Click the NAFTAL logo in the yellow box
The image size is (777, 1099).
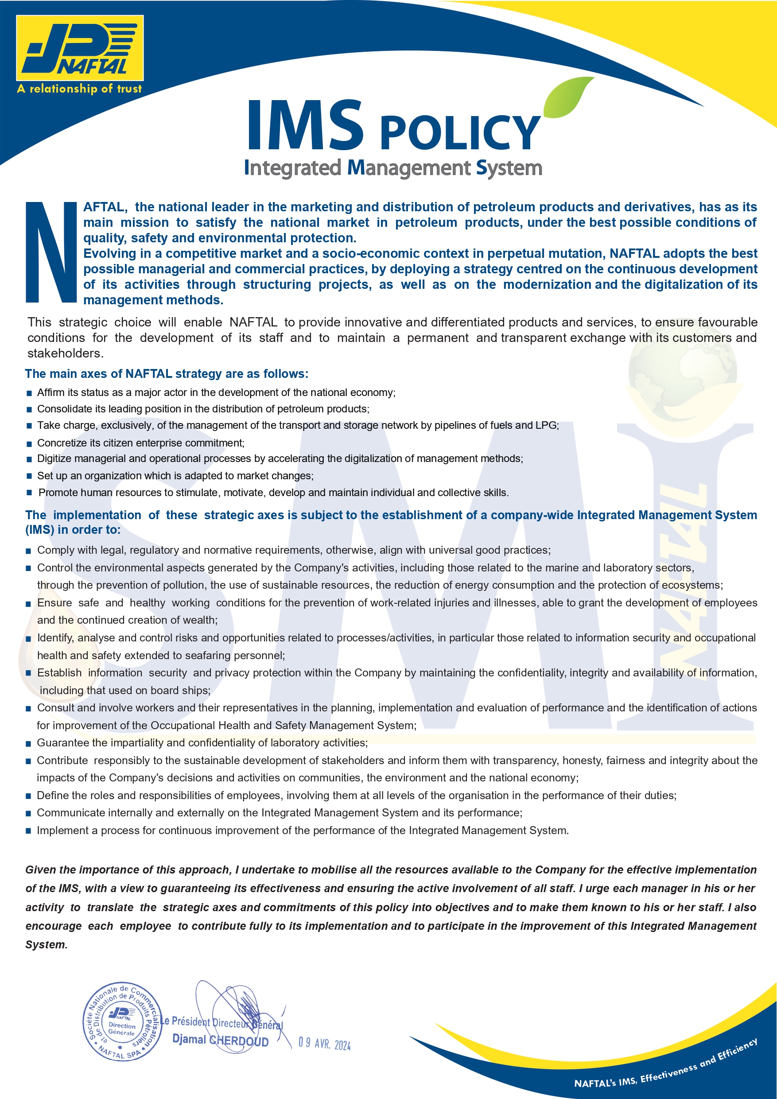point(80,48)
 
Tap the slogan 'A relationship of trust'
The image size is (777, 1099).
point(79,89)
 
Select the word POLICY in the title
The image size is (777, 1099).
point(461,132)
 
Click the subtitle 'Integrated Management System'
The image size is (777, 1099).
point(392,168)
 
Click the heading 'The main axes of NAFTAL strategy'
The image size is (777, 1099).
point(167,373)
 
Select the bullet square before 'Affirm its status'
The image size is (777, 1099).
point(29,393)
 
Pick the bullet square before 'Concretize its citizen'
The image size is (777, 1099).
point(29,444)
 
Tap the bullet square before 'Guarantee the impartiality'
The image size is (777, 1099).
point(29,744)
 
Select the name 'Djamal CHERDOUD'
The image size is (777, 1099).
point(220,1040)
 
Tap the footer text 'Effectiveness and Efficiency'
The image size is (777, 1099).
point(699,1064)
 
